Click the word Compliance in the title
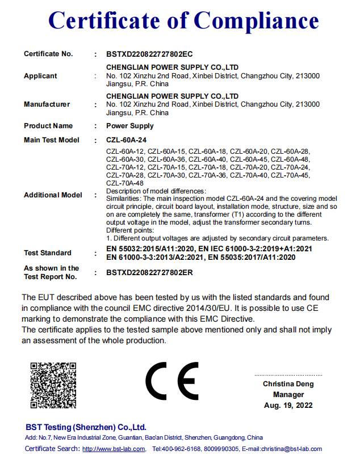256,21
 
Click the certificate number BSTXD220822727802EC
149,54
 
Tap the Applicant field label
40,76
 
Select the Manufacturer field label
47,104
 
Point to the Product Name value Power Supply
129,126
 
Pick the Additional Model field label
53,195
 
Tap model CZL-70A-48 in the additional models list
125,183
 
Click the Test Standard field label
48,253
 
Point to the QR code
53,385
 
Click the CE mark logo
172,381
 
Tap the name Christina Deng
288,384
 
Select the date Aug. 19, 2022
288,406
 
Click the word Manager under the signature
288,395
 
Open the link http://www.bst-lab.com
114,449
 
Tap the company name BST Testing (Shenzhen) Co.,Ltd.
86,427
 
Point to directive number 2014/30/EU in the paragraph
206,308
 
